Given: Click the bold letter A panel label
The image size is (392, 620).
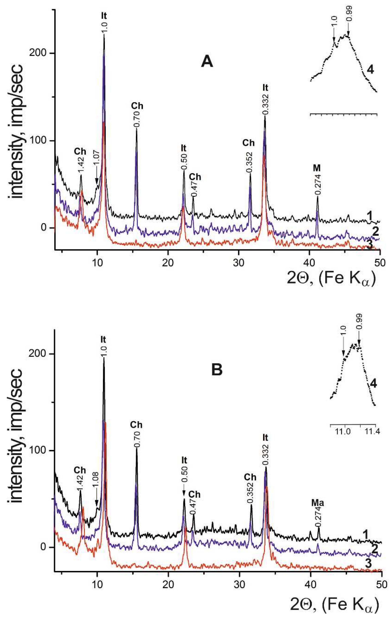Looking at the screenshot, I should point(207,62).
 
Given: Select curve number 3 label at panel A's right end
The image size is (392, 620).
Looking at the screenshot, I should point(370,245).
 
